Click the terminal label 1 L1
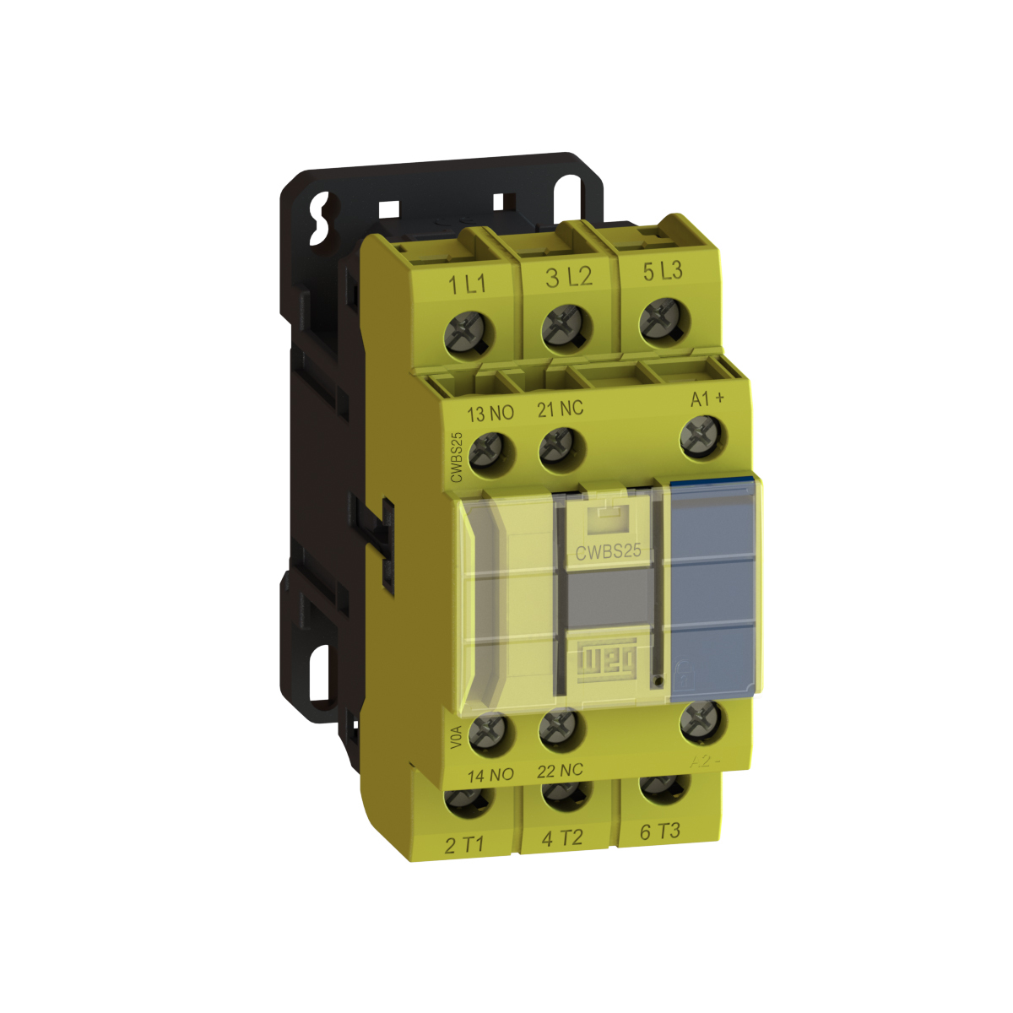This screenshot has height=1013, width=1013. (467, 284)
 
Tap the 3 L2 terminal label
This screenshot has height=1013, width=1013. (568, 277)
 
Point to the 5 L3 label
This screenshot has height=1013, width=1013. (663, 271)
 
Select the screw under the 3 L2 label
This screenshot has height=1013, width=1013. (562, 327)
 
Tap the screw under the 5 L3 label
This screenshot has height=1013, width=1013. (661, 320)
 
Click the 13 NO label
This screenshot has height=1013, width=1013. (490, 414)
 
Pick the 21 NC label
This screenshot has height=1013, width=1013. (561, 409)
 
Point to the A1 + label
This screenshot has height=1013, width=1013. (707, 398)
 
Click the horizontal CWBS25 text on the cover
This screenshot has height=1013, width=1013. (608, 551)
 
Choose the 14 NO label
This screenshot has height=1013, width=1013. (490, 775)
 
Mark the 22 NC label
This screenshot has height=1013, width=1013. (560, 771)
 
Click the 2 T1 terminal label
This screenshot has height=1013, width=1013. (464, 845)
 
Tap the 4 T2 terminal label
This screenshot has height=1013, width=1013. (562, 838)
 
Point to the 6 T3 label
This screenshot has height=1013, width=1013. (660, 832)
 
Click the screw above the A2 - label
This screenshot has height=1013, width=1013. (700, 720)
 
